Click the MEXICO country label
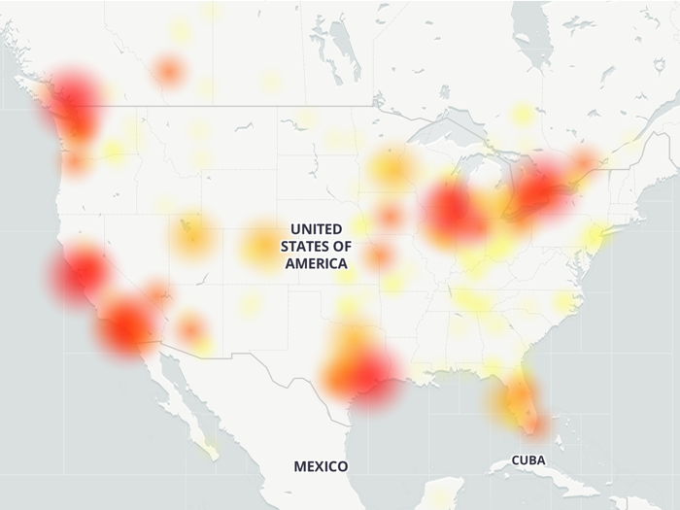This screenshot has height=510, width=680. (x=321, y=467)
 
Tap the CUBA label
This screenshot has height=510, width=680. (x=527, y=459)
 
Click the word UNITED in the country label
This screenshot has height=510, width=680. (x=316, y=228)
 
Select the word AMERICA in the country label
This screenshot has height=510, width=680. (x=316, y=263)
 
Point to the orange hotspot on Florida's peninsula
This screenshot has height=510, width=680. (x=520, y=398)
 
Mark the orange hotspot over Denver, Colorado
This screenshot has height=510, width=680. (x=260, y=245)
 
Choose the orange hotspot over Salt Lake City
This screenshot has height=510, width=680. (x=193, y=233)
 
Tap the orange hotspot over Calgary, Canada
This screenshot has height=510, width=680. (x=169, y=70)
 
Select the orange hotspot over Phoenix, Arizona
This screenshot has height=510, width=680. (x=191, y=328)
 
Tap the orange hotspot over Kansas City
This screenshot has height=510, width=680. (x=379, y=255)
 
